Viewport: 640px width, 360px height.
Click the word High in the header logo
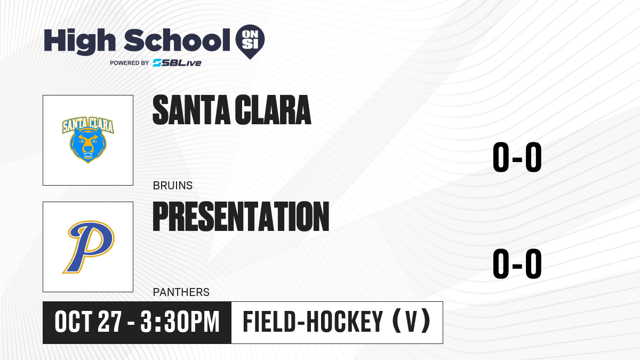[79, 42]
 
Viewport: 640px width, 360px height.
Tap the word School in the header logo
[177, 40]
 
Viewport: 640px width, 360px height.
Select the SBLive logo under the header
[177, 63]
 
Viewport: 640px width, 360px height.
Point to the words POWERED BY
[130, 63]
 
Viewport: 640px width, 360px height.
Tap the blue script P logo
[89, 247]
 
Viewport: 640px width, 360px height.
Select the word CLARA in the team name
[273, 110]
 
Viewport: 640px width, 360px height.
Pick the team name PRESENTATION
[241, 217]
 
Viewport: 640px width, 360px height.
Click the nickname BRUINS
[173, 186]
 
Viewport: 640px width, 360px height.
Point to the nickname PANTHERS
[181, 292]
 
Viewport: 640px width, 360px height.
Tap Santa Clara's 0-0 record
[517, 157]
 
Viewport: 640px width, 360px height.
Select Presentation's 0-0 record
[517, 263]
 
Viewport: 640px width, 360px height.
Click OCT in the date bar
[74, 322]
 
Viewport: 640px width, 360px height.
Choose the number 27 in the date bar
[110, 322]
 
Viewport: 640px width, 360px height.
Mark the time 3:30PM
[180, 322]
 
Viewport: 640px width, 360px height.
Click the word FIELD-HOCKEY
[313, 322]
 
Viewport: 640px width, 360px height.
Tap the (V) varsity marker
[411, 322]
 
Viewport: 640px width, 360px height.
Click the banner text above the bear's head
[88, 125]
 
